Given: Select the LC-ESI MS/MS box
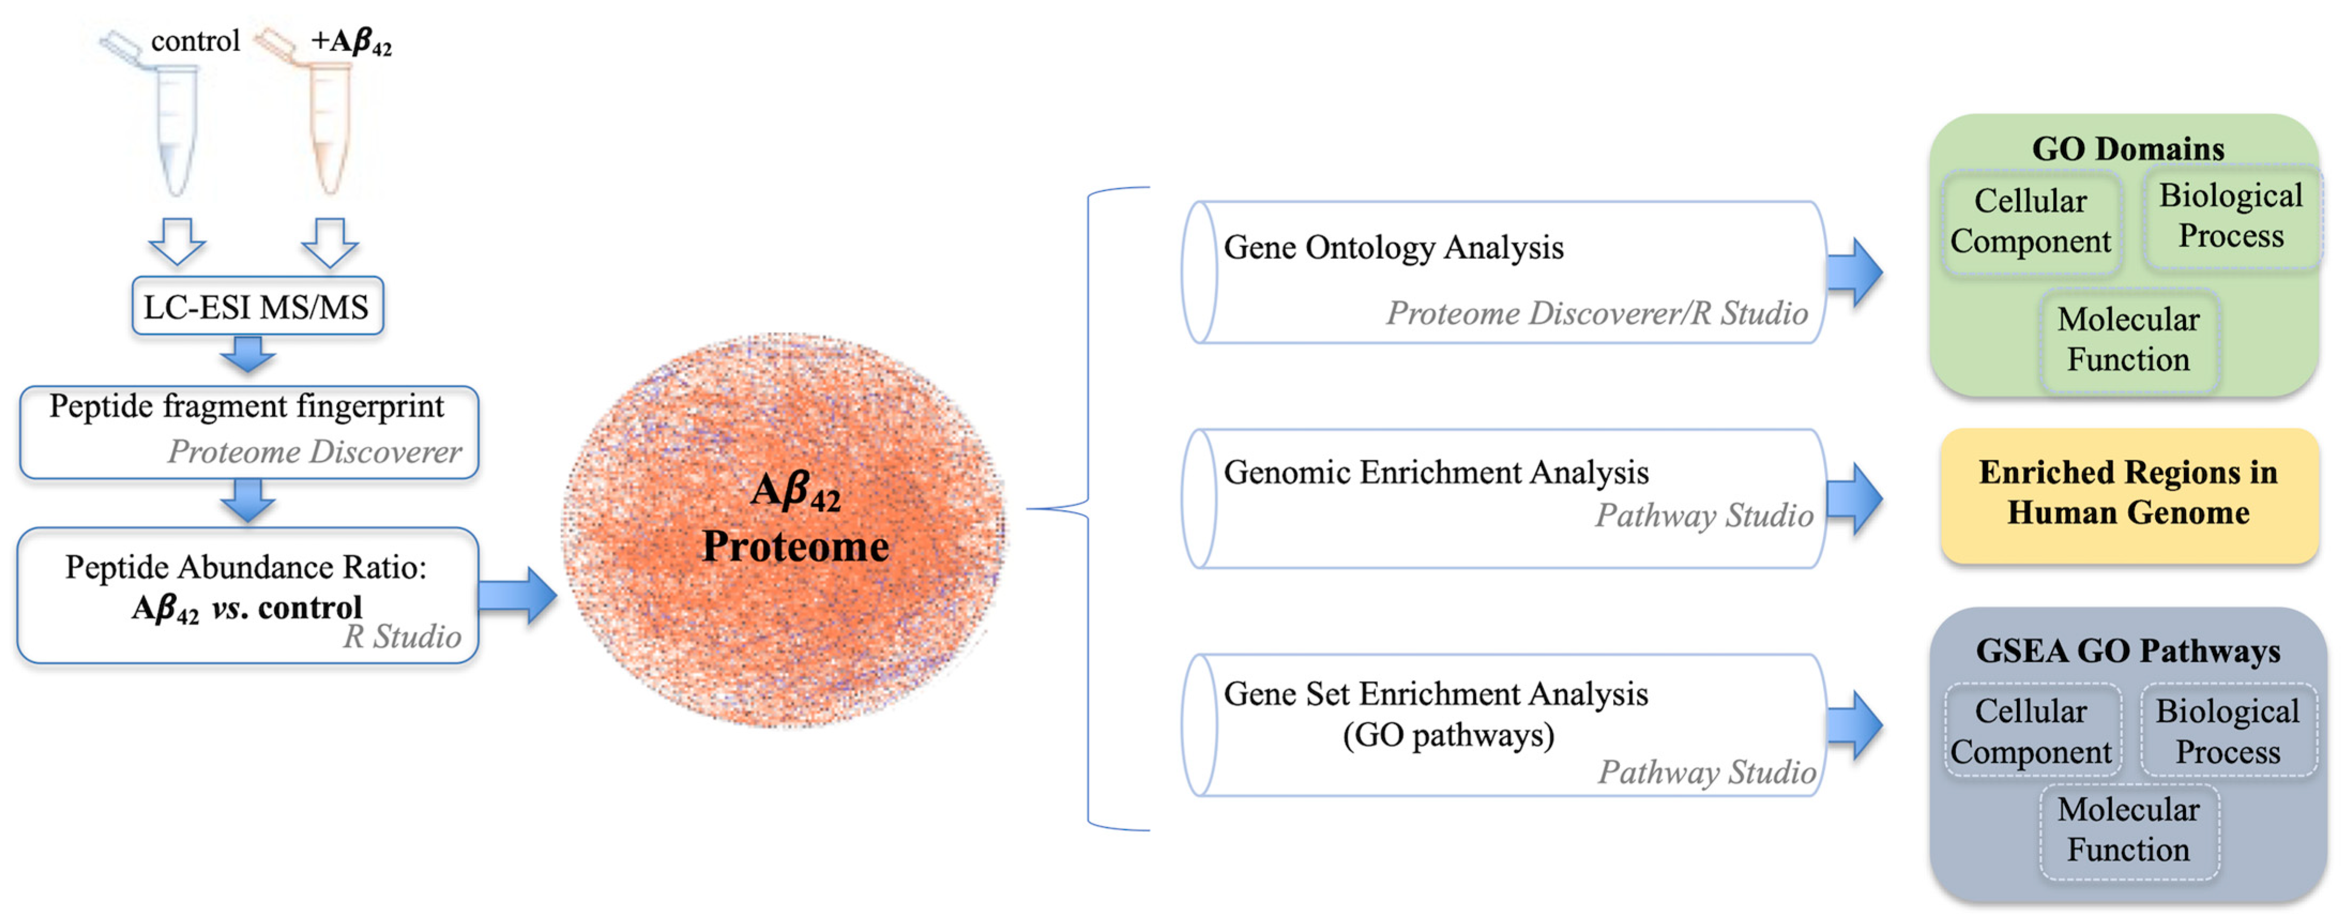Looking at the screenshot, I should click(x=257, y=307).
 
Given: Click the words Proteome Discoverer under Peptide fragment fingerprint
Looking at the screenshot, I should click(x=314, y=452).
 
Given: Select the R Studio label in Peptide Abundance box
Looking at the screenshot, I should click(x=402, y=636).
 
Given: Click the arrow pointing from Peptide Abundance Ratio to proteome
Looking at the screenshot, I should click(x=517, y=596).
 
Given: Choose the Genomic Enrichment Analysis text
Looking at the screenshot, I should click(x=1435, y=472).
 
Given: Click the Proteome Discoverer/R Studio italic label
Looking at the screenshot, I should click(x=1596, y=313).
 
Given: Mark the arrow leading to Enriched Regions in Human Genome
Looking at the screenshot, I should click(x=1854, y=499).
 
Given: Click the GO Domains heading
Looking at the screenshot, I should click(x=2128, y=148).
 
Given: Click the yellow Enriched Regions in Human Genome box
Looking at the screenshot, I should click(x=2128, y=493).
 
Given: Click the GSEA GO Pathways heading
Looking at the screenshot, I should click(x=2128, y=651).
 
